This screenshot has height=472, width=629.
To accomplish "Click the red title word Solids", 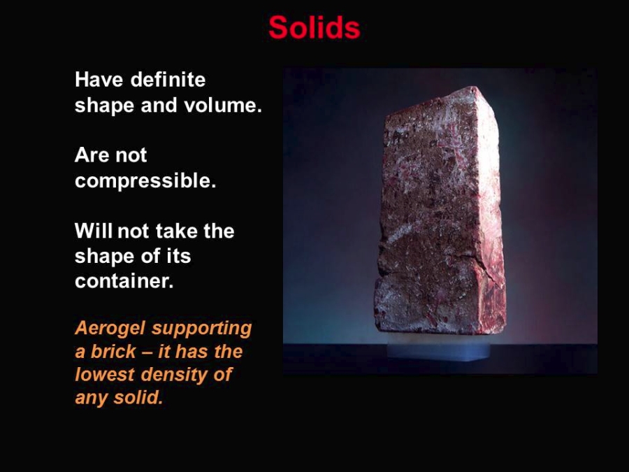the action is [x=314, y=27].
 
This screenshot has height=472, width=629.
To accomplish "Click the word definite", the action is [x=168, y=80].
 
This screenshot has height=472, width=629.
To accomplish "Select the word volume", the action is [x=223, y=105].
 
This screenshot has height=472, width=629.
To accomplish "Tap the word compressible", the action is [x=145, y=181].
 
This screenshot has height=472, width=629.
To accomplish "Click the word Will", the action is [x=94, y=231].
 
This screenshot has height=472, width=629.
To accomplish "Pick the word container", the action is [x=124, y=281].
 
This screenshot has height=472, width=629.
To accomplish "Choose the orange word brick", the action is [x=113, y=352].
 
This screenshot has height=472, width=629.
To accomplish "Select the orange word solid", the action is [x=138, y=398].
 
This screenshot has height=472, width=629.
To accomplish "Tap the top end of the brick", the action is [x=473, y=87].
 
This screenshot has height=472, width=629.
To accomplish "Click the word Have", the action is [x=99, y=80].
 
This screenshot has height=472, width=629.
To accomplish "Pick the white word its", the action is [x=178, y=256].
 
